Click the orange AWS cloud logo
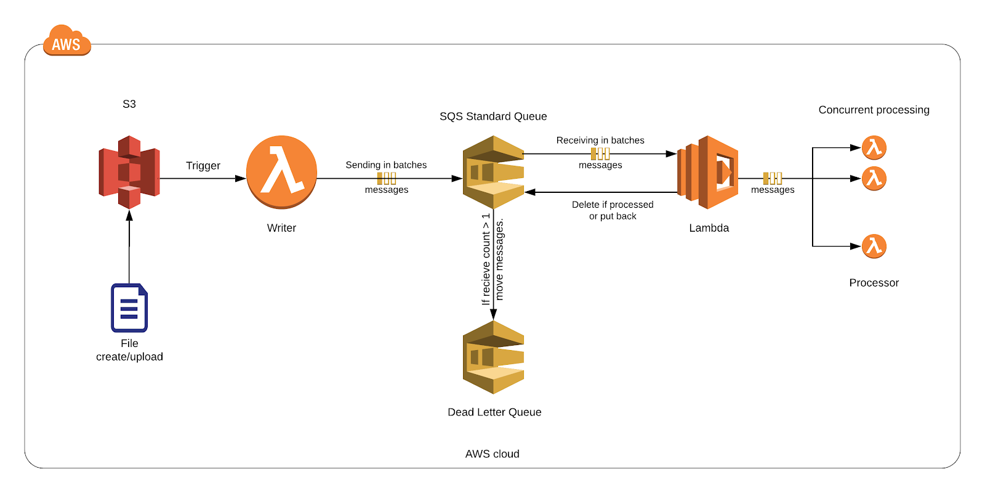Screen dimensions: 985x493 [x=67, y=40]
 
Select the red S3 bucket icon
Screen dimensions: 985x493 [x=129, y=172]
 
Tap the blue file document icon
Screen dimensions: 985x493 [x=129, y=308]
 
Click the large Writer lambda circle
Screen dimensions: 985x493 [x=281, y=172]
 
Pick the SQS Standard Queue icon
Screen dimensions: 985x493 [x=493, y=172]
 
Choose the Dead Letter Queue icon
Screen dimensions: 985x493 [x=493, y=357]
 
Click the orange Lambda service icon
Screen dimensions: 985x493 [x=707, y=172]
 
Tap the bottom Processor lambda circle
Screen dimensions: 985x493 [x=874, y=246]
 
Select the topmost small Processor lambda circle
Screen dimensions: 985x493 [x=874, y=148]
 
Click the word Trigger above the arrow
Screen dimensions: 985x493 [x=203, y=166]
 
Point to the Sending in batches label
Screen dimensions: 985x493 [x=386, y=165]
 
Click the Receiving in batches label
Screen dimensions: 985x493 [x=600, y=140]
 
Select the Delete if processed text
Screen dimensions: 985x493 [x=613, y=204]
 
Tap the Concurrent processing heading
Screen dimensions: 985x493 [x=874, y=110]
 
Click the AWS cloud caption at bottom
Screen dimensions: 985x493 [x=492, y=454]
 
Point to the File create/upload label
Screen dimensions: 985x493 [x=129, y=350]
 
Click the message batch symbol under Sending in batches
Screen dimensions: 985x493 [x=387, y=179]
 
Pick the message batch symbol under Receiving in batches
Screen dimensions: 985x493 [x=600, y=154]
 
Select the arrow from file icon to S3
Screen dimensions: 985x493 [x=129, y=246]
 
